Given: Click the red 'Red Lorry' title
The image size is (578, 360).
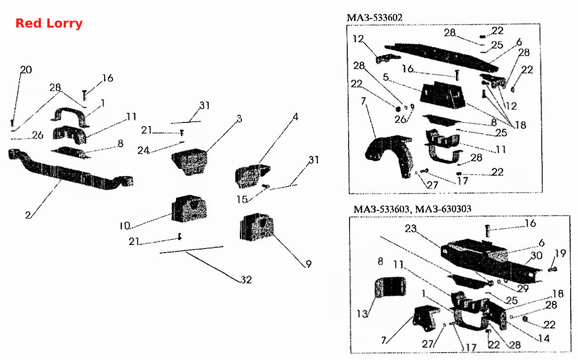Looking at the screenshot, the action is (49, 23).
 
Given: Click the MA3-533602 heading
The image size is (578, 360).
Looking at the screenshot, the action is (375, 17).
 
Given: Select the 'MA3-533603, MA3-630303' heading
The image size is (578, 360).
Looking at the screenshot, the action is (412, 209).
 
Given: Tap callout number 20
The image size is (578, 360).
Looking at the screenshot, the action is (26, 70).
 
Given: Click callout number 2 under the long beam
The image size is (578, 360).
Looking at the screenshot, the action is (28, 215).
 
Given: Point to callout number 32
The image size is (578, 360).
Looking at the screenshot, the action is (246, 280).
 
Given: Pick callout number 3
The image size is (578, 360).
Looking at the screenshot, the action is (239, 119).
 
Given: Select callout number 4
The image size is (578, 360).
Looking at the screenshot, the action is (295, 117).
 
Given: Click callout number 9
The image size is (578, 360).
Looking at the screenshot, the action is (309, 264).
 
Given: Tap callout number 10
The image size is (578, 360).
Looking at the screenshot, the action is (125, 226).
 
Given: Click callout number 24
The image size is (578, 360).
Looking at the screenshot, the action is (143, 150).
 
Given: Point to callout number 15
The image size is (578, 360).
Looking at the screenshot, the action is (242, 199).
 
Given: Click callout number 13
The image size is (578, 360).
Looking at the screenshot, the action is (362, 314).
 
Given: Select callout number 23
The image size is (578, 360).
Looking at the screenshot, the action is (411, 228).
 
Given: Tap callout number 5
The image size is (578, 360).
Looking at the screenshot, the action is (386, 77).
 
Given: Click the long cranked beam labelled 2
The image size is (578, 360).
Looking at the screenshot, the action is (70, 170).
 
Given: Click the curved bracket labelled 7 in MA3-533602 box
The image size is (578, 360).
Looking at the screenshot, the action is (389, 154).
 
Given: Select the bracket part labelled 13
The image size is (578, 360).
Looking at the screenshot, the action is (390, 287).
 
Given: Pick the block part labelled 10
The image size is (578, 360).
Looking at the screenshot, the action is (189, 209).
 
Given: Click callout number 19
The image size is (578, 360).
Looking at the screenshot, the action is (561, 254).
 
